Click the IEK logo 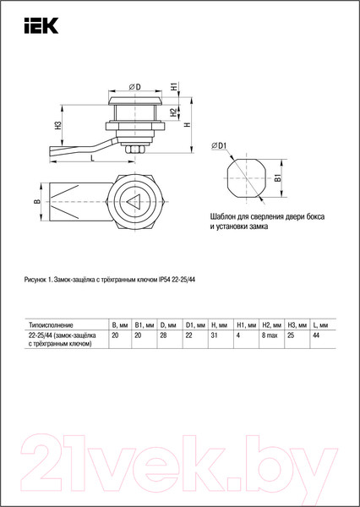41,25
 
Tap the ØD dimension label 135,87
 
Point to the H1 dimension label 173,87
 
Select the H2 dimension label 173,112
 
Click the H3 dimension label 57,125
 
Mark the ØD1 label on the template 220,146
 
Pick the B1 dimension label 277,178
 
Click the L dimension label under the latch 92,158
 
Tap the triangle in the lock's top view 133,202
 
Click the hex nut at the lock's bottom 134,150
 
